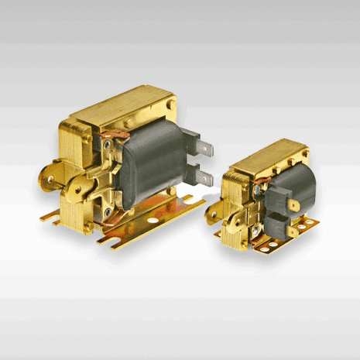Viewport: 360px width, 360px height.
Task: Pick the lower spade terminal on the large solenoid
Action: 203,178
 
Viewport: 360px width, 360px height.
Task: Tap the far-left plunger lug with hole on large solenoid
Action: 51,177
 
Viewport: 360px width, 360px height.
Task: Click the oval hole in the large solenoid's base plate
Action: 152,220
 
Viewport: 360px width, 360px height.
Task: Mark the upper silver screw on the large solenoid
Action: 102,144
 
